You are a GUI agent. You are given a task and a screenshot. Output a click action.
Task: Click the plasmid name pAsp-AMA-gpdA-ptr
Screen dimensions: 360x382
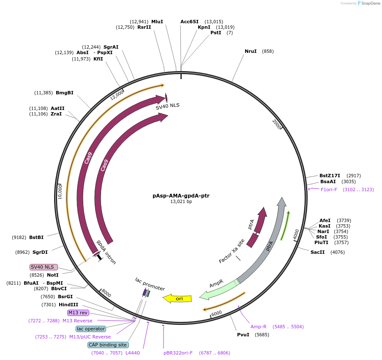click(x=181, y=196)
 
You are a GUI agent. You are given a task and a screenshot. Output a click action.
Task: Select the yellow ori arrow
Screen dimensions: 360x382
click(x=177, y=299)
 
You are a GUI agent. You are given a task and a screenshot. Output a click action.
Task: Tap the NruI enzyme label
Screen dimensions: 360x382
click(x=251, y=52)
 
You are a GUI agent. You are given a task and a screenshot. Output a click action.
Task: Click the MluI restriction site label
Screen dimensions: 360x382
click(x=157, y=22)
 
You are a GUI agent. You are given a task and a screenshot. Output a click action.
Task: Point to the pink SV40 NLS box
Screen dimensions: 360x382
click(x=43, y=267)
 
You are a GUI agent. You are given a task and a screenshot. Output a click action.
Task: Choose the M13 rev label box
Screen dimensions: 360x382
click(x=78, y=313)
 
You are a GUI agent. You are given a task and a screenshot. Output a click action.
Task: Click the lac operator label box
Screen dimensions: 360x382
click(x=91, y=329)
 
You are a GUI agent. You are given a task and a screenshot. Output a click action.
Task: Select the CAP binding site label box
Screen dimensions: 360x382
click(x=108, y=345)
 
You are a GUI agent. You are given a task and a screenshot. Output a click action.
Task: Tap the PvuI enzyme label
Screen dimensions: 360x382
click(x=244, y=335)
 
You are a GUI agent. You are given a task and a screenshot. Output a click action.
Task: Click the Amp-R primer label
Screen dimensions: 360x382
click(x=259, y=327)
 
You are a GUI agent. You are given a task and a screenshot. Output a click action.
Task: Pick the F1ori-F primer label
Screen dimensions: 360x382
click(x=329, y=190)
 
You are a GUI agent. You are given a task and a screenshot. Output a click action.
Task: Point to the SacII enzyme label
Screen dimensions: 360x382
click(x=318, y=252)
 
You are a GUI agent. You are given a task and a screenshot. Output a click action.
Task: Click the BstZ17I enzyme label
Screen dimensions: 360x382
click(x=330, y=176)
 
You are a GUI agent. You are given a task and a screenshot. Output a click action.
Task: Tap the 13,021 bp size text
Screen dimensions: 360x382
click(x=181, y=202)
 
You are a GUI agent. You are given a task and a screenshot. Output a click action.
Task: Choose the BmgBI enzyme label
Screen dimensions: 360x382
click(x=65, y=93)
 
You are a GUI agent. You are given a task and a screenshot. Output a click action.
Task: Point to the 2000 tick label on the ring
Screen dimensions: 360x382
click(x=276, y=124)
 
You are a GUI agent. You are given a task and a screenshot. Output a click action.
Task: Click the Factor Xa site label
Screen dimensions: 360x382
click(x=232, y=251)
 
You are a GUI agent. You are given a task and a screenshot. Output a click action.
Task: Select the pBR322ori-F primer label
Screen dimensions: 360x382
click(x=178, y=352)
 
